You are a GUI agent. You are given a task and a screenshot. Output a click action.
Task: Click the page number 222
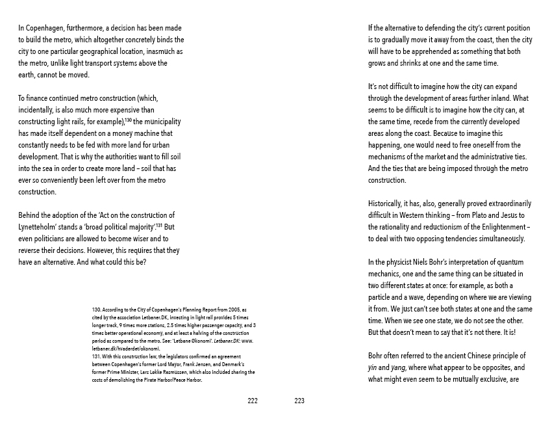[253, 401]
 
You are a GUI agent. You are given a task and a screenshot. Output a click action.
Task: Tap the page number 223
[299, 401]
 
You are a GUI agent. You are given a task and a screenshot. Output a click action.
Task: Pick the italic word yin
[373, 367]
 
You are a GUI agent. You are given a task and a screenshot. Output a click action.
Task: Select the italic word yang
[401, 367]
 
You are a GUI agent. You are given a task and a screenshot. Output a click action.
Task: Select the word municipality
[160, 122]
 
